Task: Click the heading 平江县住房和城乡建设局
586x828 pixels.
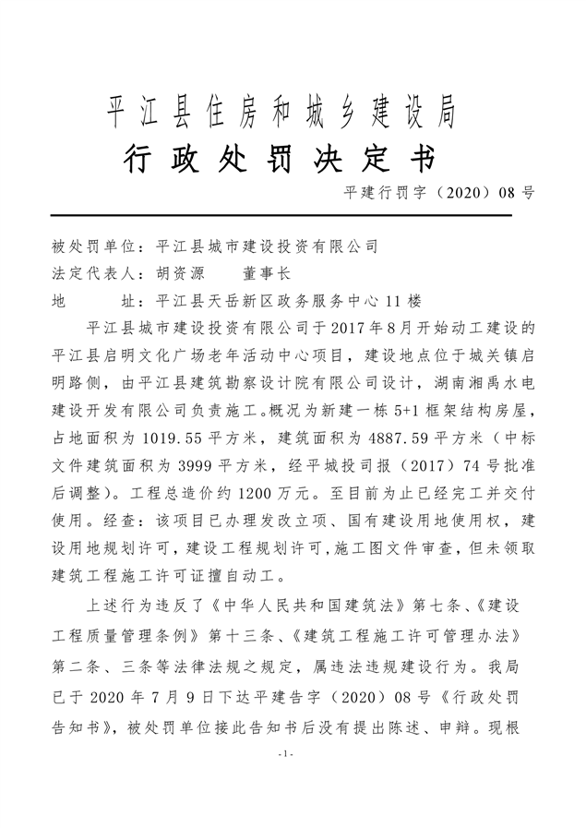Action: [x=282, y=113]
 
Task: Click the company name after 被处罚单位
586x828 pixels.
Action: [x=268, y=246]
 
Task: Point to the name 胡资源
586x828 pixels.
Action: [x=178, y=273]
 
